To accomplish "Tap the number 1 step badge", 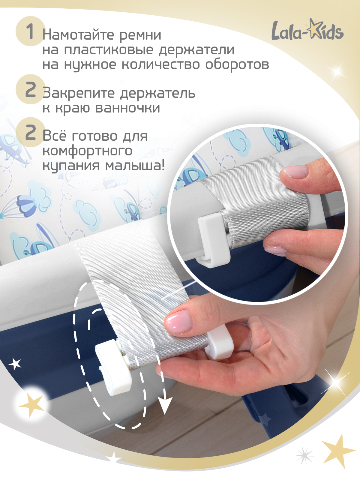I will click(x=30, y=31).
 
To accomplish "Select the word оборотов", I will click(x=237, y=64).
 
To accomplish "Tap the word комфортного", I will click(x=87, y=151).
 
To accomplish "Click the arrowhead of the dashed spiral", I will click(x=165, y=406).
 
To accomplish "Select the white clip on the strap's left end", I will click(x=114, y=366).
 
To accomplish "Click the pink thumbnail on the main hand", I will click(x=179, y=320).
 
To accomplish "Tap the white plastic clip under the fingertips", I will click(x=221, y=343).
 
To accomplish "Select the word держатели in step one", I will click(x=196, y=49).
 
